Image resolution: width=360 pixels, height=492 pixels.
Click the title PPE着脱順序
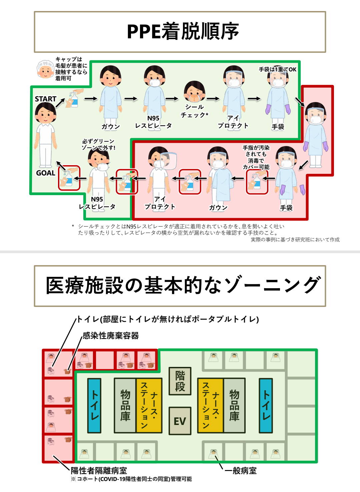click(x=183, y=32)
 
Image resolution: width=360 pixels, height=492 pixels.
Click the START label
click(x=45, y=99)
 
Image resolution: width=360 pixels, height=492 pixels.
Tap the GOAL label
click(x=46, y=173)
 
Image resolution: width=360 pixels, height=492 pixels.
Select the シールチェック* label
click(x=195, y=111)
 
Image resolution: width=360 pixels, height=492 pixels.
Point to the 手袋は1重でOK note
click(x=277, y=69)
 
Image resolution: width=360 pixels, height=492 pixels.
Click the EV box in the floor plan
click(x=180, y=421)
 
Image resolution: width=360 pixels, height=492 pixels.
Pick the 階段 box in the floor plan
click(x=180, y=381)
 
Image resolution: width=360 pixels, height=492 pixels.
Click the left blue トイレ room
click(x=94, y=405)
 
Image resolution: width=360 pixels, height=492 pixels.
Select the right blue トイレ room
click(x=266, y=405)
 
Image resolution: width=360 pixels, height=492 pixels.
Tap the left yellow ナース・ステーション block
click(x=149, y=405)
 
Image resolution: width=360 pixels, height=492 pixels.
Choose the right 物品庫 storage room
click(x=234, y=405)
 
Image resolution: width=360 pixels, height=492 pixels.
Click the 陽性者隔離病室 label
click(x=99, y=471)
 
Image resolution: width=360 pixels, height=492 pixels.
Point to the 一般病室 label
click(x=240, y=471)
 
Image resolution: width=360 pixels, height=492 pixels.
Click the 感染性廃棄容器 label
click(x=111, y=336)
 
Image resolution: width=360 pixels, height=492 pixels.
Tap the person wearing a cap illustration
click(x=45, y=69)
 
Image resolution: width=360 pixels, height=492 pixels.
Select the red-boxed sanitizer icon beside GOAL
click(x=69, y=178)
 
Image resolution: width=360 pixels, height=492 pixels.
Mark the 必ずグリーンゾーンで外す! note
click(x=98, y=144)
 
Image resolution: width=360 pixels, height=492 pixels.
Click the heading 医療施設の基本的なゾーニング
click(x=183, y=286)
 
